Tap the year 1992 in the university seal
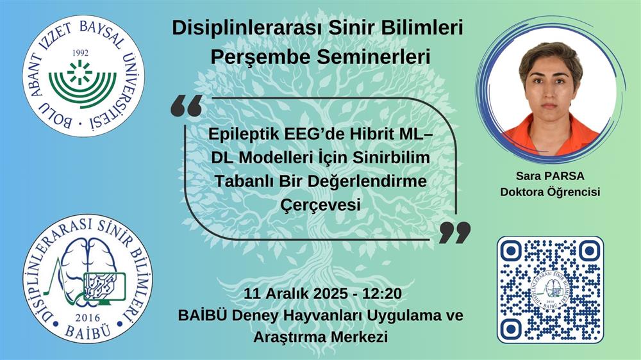click(x=80, y=53)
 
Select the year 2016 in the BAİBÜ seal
click(x=88, y=318)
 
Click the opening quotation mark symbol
click(x=187, y=106)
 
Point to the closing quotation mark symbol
click(x=454, y=233)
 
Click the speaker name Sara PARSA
click(x=550, y=176)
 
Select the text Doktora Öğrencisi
click(x=550, y=192)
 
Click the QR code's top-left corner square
click(x=511, y=251)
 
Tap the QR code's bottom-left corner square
click(x=511, y=328)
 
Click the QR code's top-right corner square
click(x=589, y=251)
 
